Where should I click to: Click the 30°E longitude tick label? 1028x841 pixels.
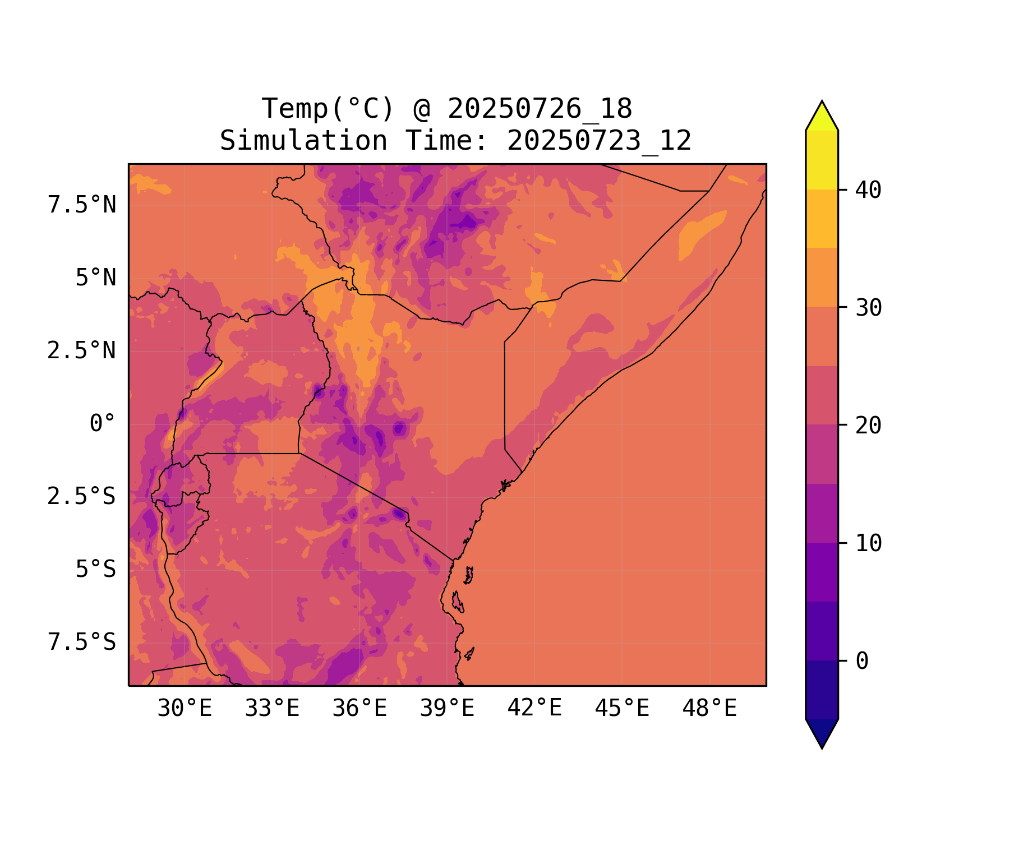[x=185, y=709]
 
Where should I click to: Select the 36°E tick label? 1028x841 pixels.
[x=359, y=709]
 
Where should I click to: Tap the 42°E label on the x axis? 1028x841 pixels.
[x=534, y=709]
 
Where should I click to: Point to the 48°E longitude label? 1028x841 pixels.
[x=709, y=709]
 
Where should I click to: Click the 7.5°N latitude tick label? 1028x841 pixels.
[x=82, y=205]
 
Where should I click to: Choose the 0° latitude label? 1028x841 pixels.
[x=103, y=424]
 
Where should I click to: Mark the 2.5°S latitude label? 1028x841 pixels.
[x=81, y=497]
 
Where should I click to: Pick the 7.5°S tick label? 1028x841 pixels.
[x=82, y=643]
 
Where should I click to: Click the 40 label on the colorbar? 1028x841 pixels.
[x=869, y=190]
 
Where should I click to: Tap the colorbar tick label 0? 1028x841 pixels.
[x=862, y=661]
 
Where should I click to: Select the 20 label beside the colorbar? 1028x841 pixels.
[x=869, y=426]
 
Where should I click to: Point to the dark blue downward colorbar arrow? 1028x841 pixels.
[x=822, y=732]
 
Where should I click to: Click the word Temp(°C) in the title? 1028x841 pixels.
[x=328, y=109]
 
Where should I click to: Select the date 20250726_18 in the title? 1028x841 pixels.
[x=540, y=109]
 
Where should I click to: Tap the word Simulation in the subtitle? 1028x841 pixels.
[x=303, y=141]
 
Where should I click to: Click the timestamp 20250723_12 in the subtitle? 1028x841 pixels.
[x=599, y=141]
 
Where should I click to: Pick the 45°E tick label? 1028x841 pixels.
[x=622, y=709]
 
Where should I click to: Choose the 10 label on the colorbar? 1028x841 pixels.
[x=869, y=543]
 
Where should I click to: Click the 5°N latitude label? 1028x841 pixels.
[x=96, y=278]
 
